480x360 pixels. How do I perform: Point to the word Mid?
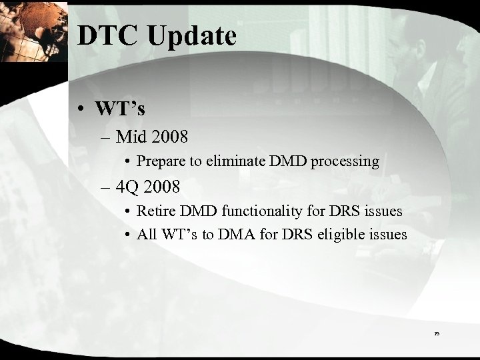pyautogui.click(x=131, y=138)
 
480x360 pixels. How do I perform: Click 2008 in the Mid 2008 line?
pyautogui.click(x=169, y=138)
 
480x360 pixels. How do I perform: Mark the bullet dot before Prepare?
pyautogui.click(x=127, y=161)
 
